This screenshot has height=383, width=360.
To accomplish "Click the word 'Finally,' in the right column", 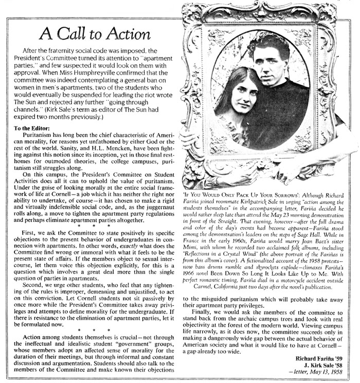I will pyautogui.click(x=202, y=312).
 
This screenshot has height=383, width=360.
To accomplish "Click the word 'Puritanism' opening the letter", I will pyautogui.click(x=38, y=136).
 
